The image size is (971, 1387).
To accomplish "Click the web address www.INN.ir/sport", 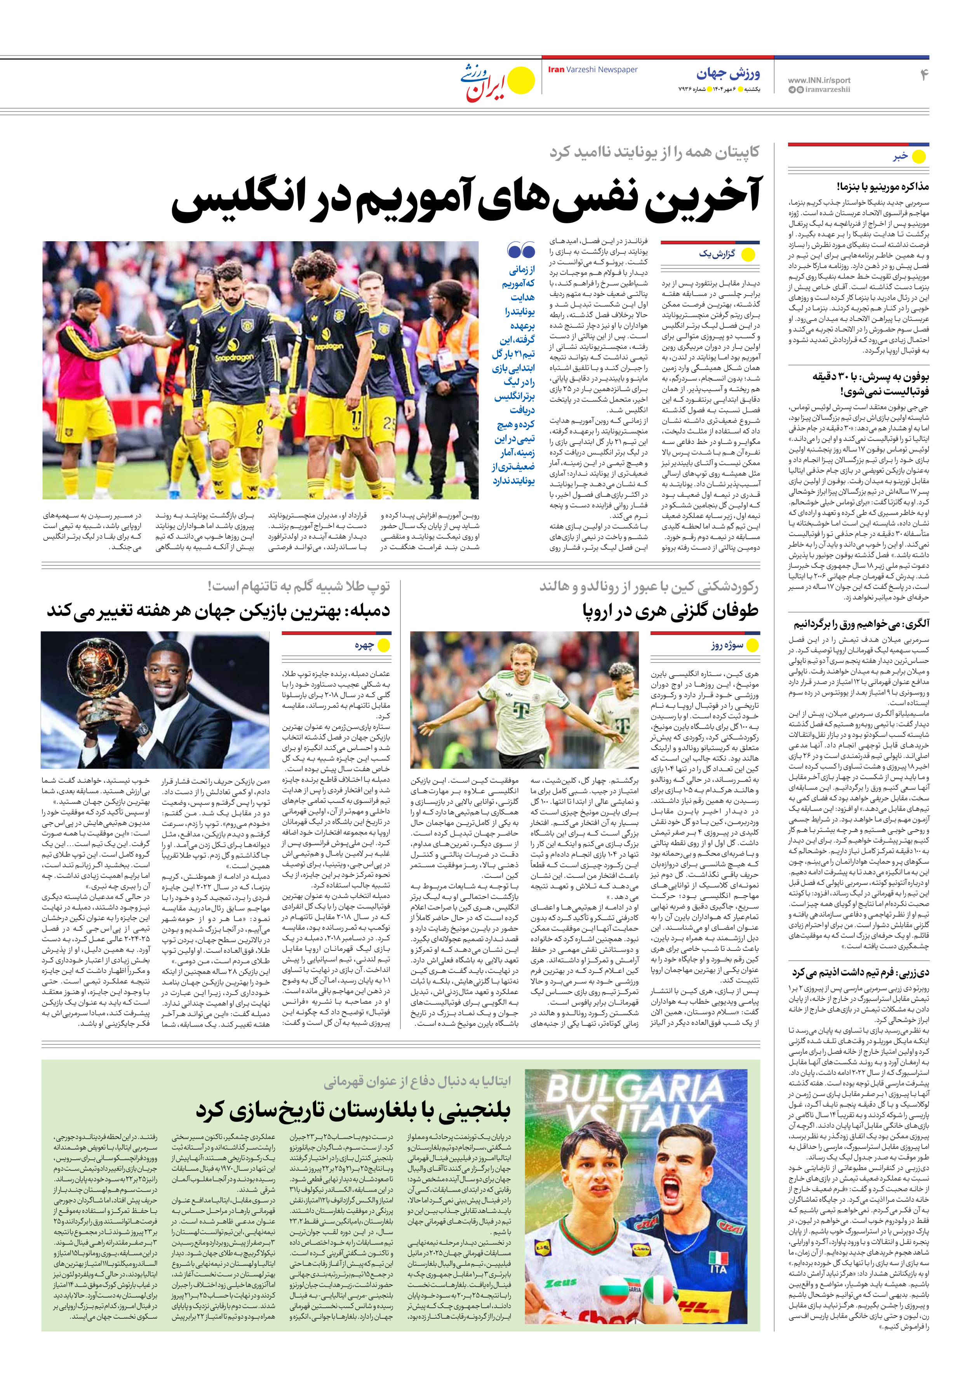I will [819, 80].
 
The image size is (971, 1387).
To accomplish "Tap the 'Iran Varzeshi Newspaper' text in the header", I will [593, 70].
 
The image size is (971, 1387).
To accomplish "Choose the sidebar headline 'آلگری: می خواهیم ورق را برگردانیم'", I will [861, 623].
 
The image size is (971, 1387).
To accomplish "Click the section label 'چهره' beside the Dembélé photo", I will [364, 645].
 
